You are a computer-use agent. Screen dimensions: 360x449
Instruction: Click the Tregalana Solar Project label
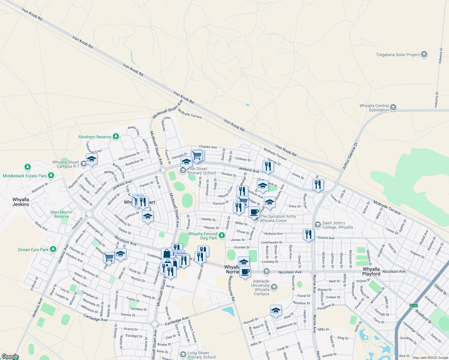click(398, 55)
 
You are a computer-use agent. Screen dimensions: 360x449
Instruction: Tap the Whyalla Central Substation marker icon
click(393, 107)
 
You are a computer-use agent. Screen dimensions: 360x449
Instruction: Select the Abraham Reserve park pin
click(116, 136)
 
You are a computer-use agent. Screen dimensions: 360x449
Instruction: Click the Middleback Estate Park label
click(25, 176)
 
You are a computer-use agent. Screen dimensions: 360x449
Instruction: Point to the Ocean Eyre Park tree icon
click(53, 249)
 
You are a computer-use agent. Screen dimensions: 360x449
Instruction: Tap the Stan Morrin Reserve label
click(61, 214)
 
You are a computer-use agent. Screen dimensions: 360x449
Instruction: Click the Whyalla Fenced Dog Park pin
click(222, 235)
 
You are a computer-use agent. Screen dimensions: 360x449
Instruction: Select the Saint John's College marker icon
click(318, 224)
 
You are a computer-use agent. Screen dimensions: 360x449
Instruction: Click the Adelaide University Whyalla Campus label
click(262, 287)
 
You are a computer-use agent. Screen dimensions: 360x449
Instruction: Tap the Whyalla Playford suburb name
click(371, 271)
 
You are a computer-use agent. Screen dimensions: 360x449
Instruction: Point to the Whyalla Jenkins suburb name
click(21, 202)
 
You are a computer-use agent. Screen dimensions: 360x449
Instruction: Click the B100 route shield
click(414, 305)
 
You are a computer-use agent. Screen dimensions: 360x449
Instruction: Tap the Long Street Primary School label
click(202, 355)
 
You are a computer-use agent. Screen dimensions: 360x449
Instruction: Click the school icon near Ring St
click(276, 310)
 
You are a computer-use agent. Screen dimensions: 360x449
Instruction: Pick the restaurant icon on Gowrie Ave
click(309, 234)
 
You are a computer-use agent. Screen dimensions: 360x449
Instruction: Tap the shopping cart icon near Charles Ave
click(197, 155)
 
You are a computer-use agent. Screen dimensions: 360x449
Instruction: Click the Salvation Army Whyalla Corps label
click(278, 218)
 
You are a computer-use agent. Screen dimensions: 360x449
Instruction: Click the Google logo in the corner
click(10, 356)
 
